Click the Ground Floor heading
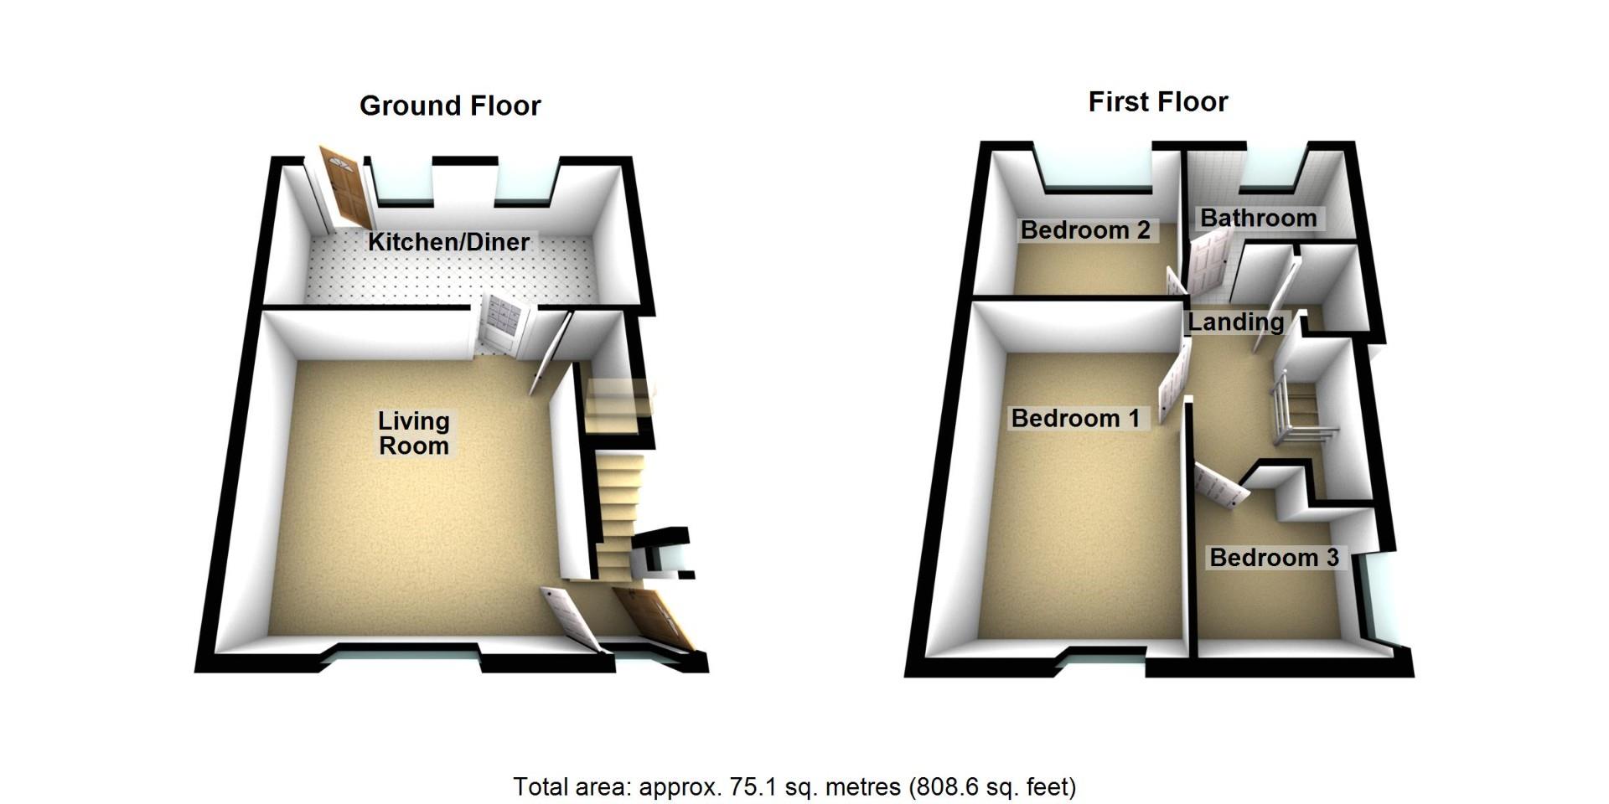pyautogui.click(x=450, y=106)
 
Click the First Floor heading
pyautogui.click(x=1158, y=102)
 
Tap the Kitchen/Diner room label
pyautogui.click(x=449, y=242)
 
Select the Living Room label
pyautogui.click(x=414, y=433)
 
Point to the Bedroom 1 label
pyautogui.click(x=1075, y=418)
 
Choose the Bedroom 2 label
pyautogui.click(x=1085, y=230)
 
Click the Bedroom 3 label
pyautogui.click(x=1274, y=558)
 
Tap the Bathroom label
pyautogui.click(x=1259, y=218)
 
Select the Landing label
pyautogui.click(x=1236, y=322)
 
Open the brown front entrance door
pyautogui.click(x=654, y=619)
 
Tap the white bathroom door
pyautogui.click(x=1208, y=264)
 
